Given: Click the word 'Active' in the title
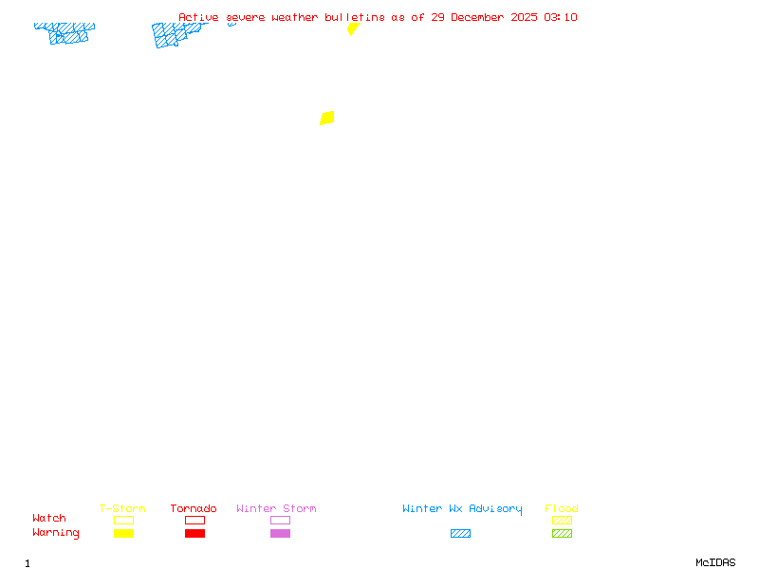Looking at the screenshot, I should point(197,17).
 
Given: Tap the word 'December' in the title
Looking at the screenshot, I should point(480,17).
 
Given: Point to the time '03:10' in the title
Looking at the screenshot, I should point(560,17).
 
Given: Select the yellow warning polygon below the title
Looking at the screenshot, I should point(353,28).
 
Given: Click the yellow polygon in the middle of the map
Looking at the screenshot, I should point(327,118).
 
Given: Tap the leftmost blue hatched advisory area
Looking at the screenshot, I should point(66,33).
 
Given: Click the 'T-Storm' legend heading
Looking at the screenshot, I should point(122,508).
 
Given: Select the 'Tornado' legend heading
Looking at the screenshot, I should point(194,508).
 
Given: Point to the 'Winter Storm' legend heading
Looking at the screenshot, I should point(276,508).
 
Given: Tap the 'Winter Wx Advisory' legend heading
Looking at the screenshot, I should point(462,508).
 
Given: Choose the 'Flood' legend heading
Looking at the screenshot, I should point(562,508).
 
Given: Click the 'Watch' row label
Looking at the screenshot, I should point(49,519).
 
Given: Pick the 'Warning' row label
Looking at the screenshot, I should point(56,533).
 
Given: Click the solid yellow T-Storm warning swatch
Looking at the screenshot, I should point(123,533).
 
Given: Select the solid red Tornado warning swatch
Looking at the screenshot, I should point(194,533).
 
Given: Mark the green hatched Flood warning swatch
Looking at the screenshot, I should point(562,533).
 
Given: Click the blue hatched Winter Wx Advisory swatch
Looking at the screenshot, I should point(460,533).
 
